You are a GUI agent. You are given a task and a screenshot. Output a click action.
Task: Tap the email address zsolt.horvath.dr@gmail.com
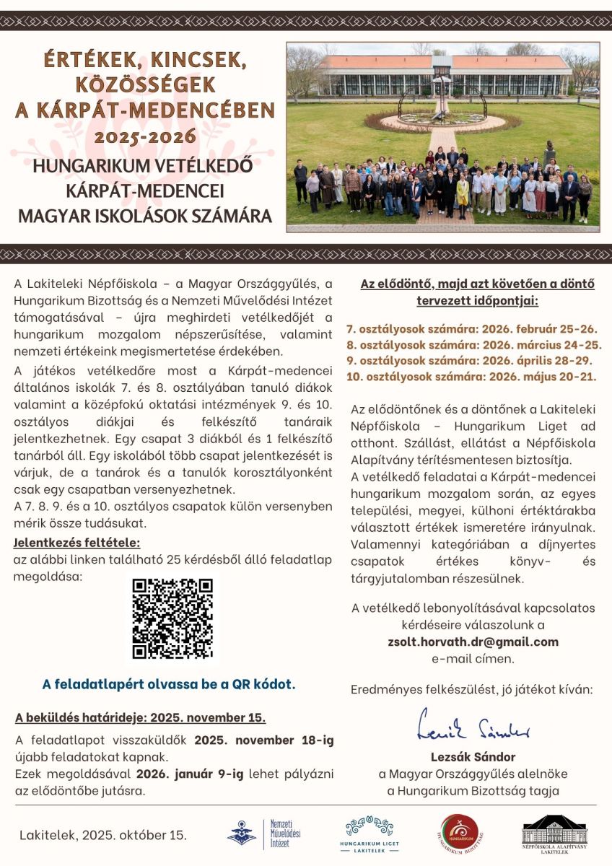tap(473, 642)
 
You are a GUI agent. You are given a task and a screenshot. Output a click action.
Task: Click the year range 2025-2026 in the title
tap(145, 136)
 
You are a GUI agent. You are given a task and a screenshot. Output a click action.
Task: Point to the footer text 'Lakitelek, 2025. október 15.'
tap(103, 835)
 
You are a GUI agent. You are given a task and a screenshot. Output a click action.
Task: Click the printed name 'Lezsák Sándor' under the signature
tap(473, 757)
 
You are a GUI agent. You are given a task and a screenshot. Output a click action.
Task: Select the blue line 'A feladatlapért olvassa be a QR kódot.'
tap(169, 683)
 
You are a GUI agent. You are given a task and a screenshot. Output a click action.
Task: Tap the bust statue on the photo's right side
tap(551, 151)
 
